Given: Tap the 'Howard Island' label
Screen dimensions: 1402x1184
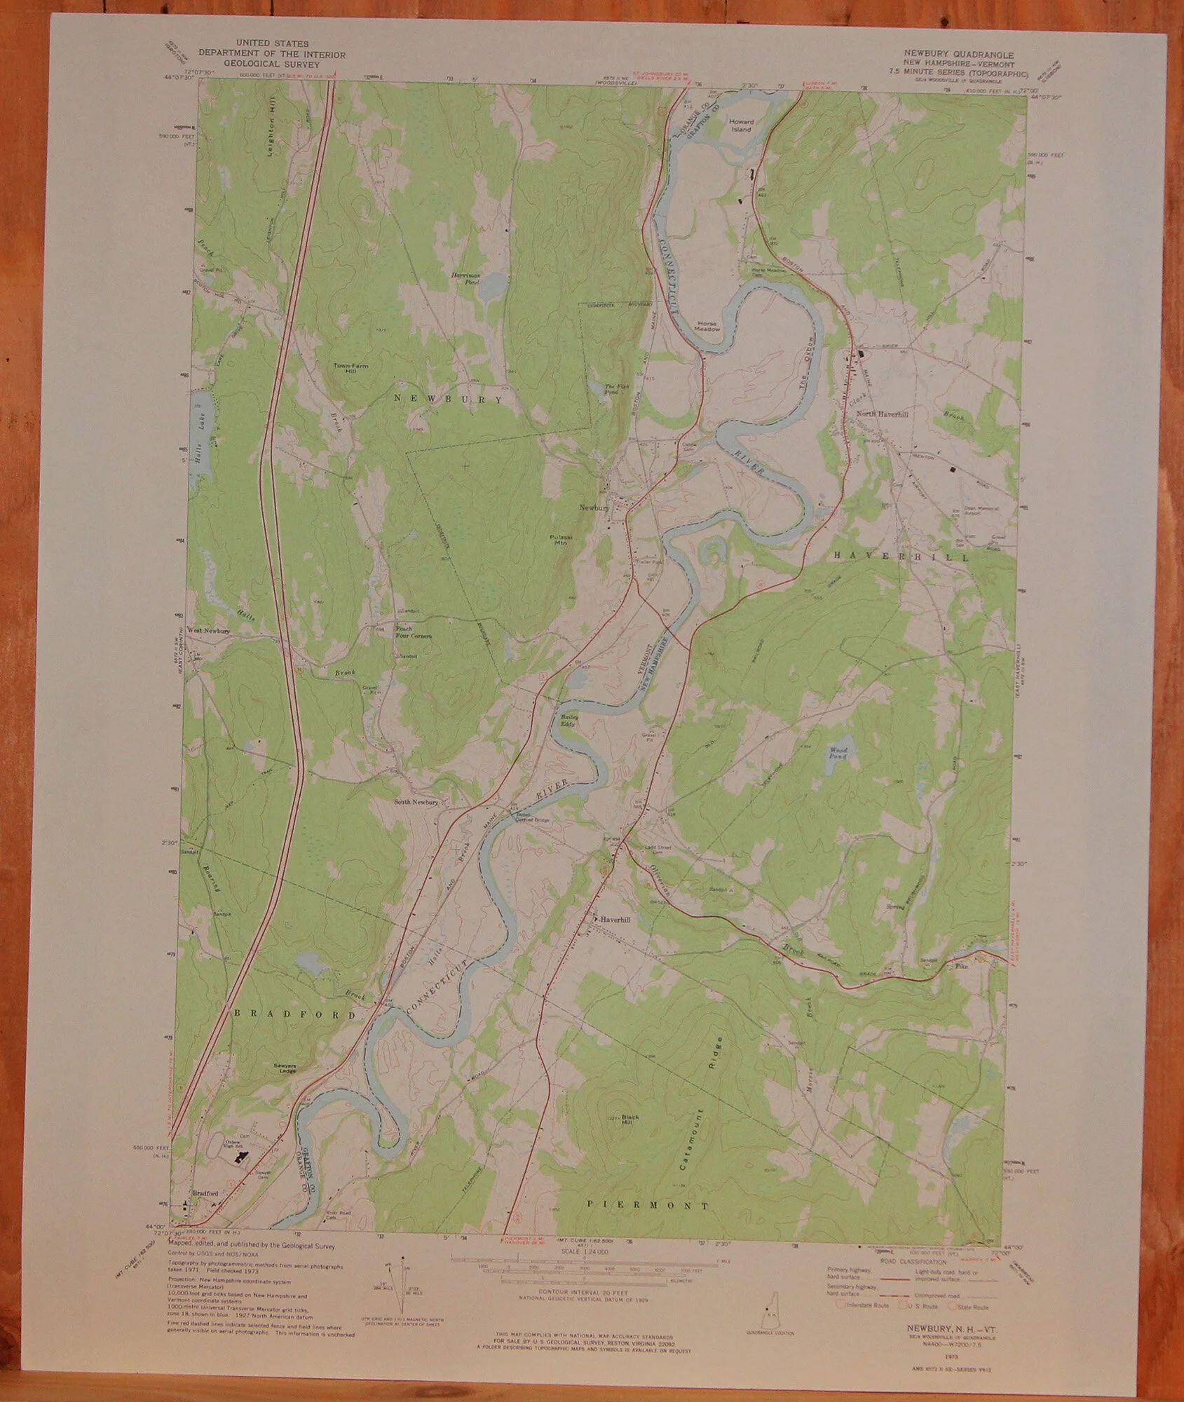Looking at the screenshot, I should (741, 125).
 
